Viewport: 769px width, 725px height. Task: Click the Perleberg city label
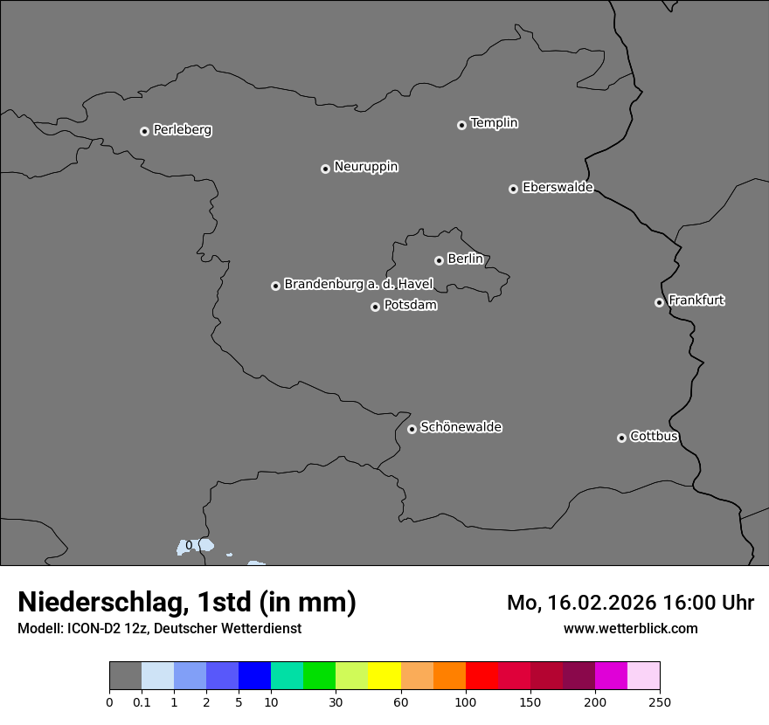182,130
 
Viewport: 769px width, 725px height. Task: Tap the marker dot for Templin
461,125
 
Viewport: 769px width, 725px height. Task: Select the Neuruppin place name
365,167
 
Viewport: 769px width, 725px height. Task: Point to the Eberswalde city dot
513,189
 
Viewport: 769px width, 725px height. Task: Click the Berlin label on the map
465,259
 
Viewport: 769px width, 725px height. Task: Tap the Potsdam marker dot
375,307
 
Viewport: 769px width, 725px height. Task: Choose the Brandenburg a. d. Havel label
358,285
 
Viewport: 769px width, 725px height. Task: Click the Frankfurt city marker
659,302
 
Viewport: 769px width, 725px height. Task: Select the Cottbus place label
654,436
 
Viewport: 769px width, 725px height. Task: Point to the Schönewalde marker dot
412,429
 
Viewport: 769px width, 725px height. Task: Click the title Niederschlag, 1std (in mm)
187,602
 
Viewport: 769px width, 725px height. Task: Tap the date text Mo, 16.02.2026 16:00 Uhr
630,603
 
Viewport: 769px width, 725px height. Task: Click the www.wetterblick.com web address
630,628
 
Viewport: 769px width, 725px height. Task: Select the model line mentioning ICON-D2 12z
159,628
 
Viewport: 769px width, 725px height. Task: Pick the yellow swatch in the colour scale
384,676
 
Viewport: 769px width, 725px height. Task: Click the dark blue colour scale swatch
254,676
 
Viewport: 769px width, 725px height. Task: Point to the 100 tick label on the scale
466,701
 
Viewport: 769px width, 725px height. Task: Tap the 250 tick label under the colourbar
660,701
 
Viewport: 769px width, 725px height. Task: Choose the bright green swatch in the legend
320,676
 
